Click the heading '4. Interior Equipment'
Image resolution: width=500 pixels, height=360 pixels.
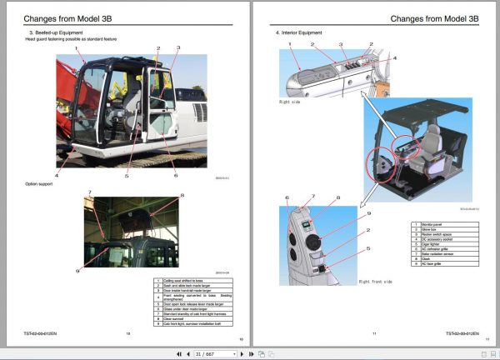point(301,32)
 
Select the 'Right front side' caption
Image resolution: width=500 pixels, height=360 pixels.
point(375,282)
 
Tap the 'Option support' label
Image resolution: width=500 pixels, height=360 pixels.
point(40,183)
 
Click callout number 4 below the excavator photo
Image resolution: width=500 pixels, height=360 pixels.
point(57,176)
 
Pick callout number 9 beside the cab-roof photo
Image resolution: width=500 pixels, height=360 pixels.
point(77,270)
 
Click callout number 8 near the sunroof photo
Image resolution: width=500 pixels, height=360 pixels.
point(182,196)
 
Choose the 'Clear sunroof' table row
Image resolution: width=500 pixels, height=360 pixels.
point(176,317)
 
